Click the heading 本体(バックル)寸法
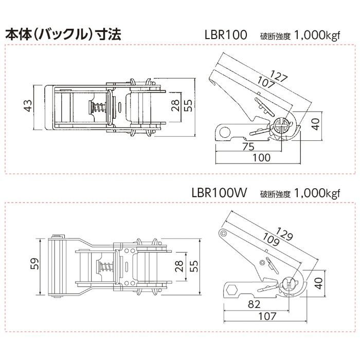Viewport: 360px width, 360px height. point(62,35)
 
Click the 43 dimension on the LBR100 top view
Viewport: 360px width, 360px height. point(28,105)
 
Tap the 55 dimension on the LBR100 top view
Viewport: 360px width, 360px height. point(188,105)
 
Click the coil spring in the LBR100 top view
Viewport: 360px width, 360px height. point(96,109)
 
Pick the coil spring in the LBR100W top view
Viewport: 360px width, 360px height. point(106,267)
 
